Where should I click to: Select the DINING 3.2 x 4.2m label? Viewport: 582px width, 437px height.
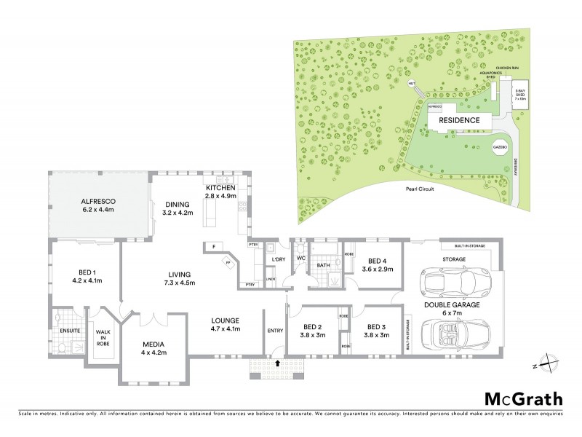pos(177,208)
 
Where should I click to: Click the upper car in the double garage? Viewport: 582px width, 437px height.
pos(446,283)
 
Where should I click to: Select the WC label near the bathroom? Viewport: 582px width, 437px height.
pos(300,257)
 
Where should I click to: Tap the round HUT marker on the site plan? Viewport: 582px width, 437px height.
pos(412,83)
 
